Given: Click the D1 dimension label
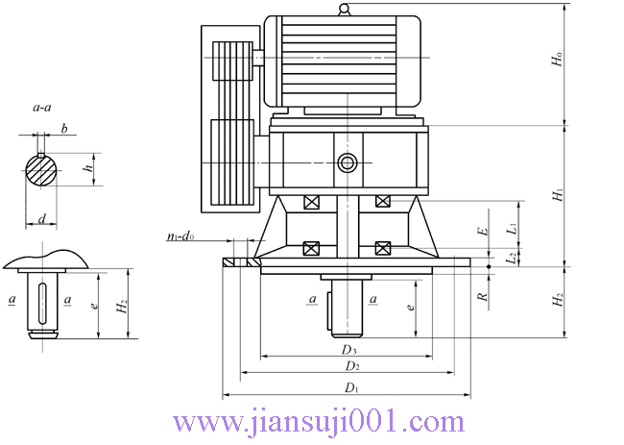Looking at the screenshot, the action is (x=351, y=387).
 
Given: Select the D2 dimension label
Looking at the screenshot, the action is (x=352, y=366).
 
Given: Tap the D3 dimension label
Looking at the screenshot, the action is (x=349, y=350).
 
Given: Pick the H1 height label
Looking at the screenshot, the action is (x=558, y=194).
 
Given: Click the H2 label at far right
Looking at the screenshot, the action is (x=558, y=299).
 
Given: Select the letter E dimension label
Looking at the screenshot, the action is (x=483, y=231).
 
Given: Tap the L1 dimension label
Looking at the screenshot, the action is (x=514, y=228).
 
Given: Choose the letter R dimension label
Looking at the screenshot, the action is (x=483, y=296).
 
